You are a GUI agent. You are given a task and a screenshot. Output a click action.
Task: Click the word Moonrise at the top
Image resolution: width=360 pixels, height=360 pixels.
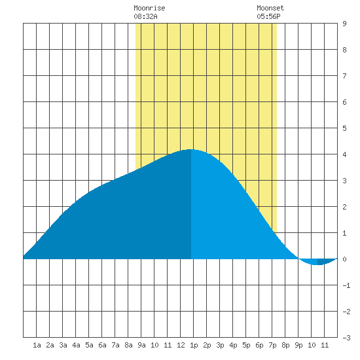(149, 8)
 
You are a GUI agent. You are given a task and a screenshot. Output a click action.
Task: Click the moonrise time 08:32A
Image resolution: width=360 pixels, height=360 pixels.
(145, 16)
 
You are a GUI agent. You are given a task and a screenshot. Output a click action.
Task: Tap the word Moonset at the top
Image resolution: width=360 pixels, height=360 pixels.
(270, 8)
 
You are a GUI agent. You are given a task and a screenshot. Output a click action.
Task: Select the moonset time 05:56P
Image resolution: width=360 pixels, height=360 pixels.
(268, 16)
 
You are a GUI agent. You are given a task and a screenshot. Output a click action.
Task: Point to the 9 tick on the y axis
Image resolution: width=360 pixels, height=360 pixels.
(344, 24)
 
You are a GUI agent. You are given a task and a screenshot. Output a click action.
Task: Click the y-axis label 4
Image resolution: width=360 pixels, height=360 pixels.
(344, 154)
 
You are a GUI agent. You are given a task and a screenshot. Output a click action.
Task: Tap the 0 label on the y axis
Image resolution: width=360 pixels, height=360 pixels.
(344, 259)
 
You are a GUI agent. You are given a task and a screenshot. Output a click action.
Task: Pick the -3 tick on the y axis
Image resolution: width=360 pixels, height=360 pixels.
(346, 338)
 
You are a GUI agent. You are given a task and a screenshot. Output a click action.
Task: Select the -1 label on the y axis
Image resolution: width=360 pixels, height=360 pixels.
(346, 285)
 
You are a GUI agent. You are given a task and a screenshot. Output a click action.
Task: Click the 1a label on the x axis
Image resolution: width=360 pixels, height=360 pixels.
(37, 345)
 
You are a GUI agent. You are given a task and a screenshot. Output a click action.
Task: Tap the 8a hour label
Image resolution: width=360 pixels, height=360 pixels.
(128, 345)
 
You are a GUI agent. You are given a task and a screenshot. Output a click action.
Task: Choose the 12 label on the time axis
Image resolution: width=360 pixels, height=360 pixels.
(181, 345)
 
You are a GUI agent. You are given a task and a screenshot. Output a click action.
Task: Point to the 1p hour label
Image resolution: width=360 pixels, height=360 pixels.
(194, 345)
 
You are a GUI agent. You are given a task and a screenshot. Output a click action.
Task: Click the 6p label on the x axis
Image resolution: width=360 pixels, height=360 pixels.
(259, 345)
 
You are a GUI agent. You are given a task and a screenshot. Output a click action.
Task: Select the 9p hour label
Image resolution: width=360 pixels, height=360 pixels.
(298, 345)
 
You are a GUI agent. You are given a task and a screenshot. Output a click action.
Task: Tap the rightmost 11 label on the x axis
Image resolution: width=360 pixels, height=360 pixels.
(325, 345)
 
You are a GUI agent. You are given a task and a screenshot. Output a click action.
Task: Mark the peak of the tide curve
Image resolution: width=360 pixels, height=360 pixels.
(190, 149)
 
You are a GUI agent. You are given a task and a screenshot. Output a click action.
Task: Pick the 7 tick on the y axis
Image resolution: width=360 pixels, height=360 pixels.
(344, 76)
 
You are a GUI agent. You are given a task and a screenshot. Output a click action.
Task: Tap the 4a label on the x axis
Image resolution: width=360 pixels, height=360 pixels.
(76, 345)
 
